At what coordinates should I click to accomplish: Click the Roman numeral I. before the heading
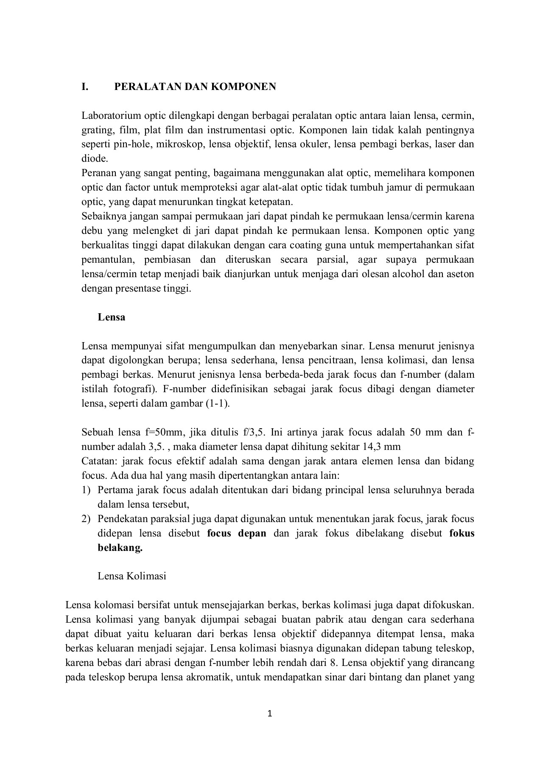pyautogui.click(x=85, y=87)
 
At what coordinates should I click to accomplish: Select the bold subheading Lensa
pyautogui.click(x=111, y=317)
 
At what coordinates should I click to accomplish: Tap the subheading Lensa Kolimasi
pyautogui.click(x=132, y=576)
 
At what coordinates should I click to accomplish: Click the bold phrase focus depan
pyautogui.click(x=237, y=533)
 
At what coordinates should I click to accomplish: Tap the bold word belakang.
pyautogui.click(x=120, y=548)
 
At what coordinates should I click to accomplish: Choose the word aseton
pyautogui.click(x=459, y=274)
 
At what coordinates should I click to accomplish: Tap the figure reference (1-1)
pyautogui.click(x=217, y=403)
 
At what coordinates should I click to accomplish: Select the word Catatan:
pyautogui.click(x=100, y=461)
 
